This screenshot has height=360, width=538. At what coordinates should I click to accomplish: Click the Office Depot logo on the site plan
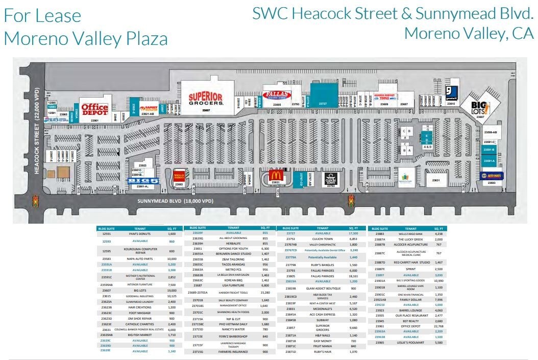(95, 110)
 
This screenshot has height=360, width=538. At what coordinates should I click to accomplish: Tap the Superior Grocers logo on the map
(206, 99)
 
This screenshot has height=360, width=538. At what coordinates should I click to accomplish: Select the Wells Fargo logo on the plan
(179, 175)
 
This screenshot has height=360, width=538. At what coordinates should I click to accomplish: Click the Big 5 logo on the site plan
(143, 181)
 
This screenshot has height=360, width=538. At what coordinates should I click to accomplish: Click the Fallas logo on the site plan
(277, 94)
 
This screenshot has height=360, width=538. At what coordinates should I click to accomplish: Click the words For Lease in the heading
(42, 15)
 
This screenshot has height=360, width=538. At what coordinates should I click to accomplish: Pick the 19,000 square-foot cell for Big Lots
(172, 290)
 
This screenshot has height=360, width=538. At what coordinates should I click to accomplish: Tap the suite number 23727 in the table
(291, 233)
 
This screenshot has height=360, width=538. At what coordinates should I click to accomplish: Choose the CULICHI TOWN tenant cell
(323, 239)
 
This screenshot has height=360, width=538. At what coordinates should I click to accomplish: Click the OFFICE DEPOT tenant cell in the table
(414, 326)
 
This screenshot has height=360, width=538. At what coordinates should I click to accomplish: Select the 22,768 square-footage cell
(438, 326)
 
